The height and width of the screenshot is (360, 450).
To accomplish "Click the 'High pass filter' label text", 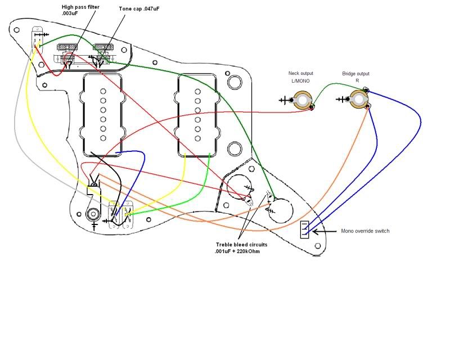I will click(x=82, y=6).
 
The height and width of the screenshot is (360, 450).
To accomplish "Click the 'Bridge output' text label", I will click(x=356, y=74).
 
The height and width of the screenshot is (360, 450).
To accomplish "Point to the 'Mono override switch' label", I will click(x=366, y=231).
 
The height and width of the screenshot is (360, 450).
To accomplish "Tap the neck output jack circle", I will click(x=303, y=101).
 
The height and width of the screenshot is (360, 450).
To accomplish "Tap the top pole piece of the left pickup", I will click(x=103, y=91).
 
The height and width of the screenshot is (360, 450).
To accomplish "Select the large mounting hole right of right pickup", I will click(x=234, y=148).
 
